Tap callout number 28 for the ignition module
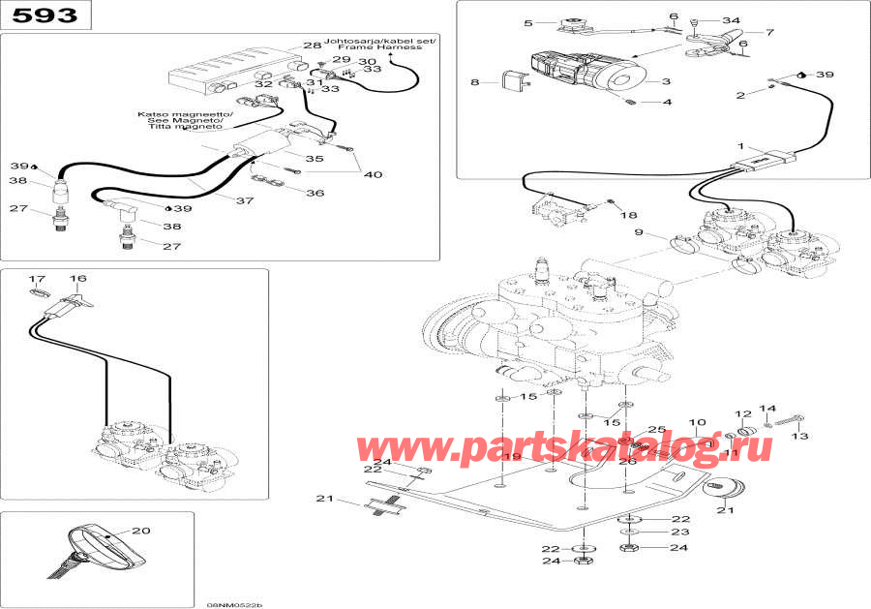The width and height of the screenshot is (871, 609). point(312,46)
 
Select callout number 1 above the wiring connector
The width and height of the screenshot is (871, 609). point(741,146)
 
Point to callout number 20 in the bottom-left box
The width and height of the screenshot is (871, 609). point(141,530)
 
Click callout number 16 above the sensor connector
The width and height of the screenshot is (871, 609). point(77,279)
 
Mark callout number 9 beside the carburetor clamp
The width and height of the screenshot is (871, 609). point(639,232)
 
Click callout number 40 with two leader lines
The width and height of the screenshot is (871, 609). point(373,175)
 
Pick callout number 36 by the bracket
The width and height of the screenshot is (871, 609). point(315,193)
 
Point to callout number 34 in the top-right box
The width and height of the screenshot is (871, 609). point(731,20)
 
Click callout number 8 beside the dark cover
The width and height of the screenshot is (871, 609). point(475,83)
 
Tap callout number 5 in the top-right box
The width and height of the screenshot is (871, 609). point(528,22)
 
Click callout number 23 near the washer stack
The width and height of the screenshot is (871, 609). point(680,532)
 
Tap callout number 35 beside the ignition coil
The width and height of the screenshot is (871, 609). point(315,158)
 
